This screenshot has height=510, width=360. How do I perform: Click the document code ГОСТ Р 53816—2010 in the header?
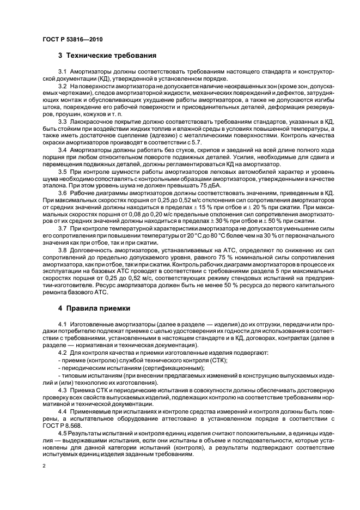tap(72, 39)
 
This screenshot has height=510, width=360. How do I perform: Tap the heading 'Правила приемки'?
tap(98, 308)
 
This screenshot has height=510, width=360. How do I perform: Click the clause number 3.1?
tap(62, 72)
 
